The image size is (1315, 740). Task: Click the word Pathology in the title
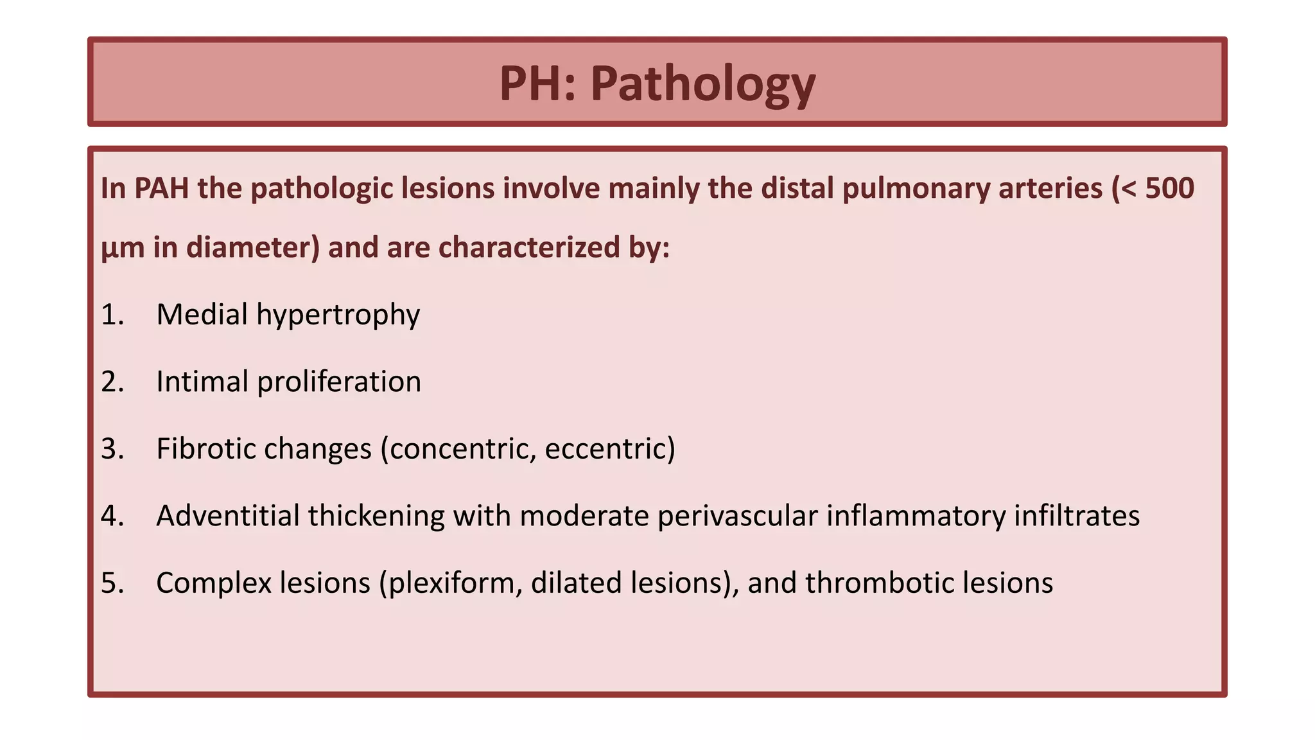click(702, 84)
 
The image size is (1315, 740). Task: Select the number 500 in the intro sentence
click(1169, 188)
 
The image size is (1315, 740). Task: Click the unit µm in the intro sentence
click(123, 248)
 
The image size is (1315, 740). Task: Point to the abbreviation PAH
click(161, 188)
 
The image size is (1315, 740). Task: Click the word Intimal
click(202, 382)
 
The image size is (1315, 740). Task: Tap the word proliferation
click(339, 382)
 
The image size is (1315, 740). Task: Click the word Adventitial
click(227, 516)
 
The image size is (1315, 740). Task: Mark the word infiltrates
click(1077, 516)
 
